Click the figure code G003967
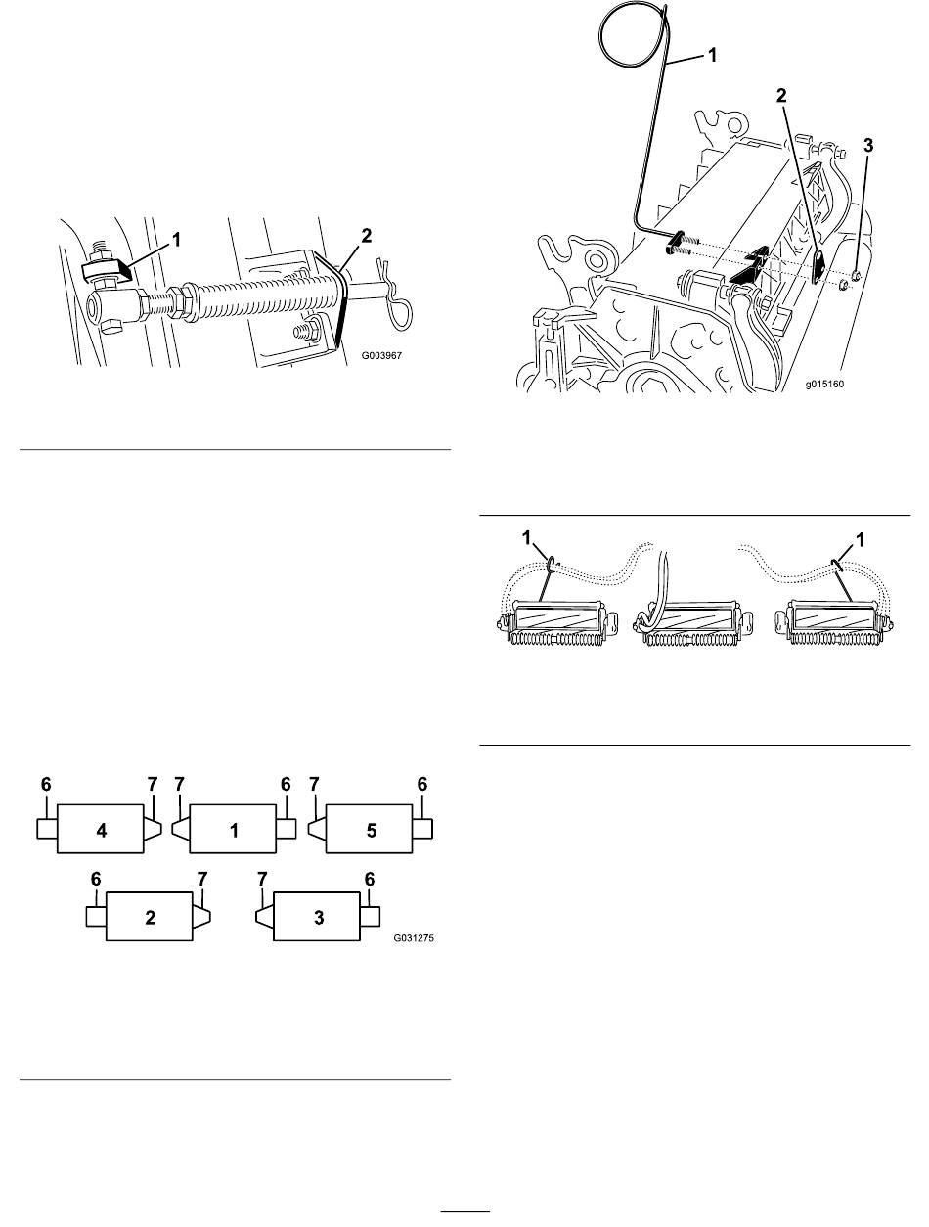point(381,355)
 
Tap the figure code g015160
point(824,384)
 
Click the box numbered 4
point(101,829)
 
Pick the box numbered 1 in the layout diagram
point(233,829)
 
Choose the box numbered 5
point(370,829)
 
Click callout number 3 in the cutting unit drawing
point(867,146)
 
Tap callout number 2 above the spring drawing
point(366,236)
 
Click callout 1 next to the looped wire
point(712,55)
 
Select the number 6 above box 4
point(46,785)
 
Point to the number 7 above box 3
point(262,880)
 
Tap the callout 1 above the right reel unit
point(860,540)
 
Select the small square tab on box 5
point(422,829)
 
